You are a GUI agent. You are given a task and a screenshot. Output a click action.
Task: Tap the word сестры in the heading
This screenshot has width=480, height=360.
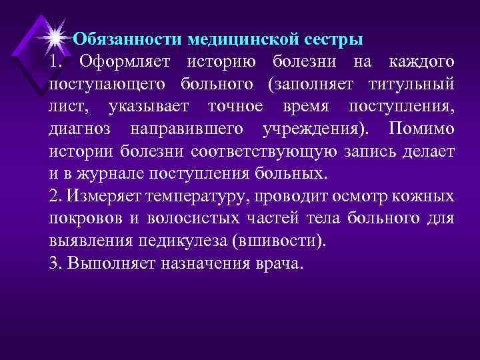tap(330, 39)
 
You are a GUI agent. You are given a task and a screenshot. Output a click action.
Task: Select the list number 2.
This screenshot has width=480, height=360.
tap(54, 196)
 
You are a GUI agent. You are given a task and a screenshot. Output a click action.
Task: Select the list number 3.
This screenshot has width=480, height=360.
tap(54, 262)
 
